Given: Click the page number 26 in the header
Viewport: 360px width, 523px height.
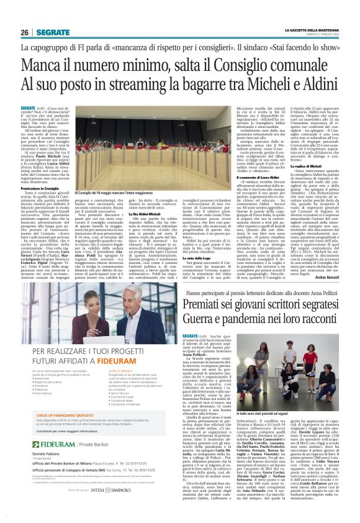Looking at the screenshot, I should [x=24, y=32].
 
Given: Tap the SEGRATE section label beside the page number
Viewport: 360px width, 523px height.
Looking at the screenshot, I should [x=52, y=32].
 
